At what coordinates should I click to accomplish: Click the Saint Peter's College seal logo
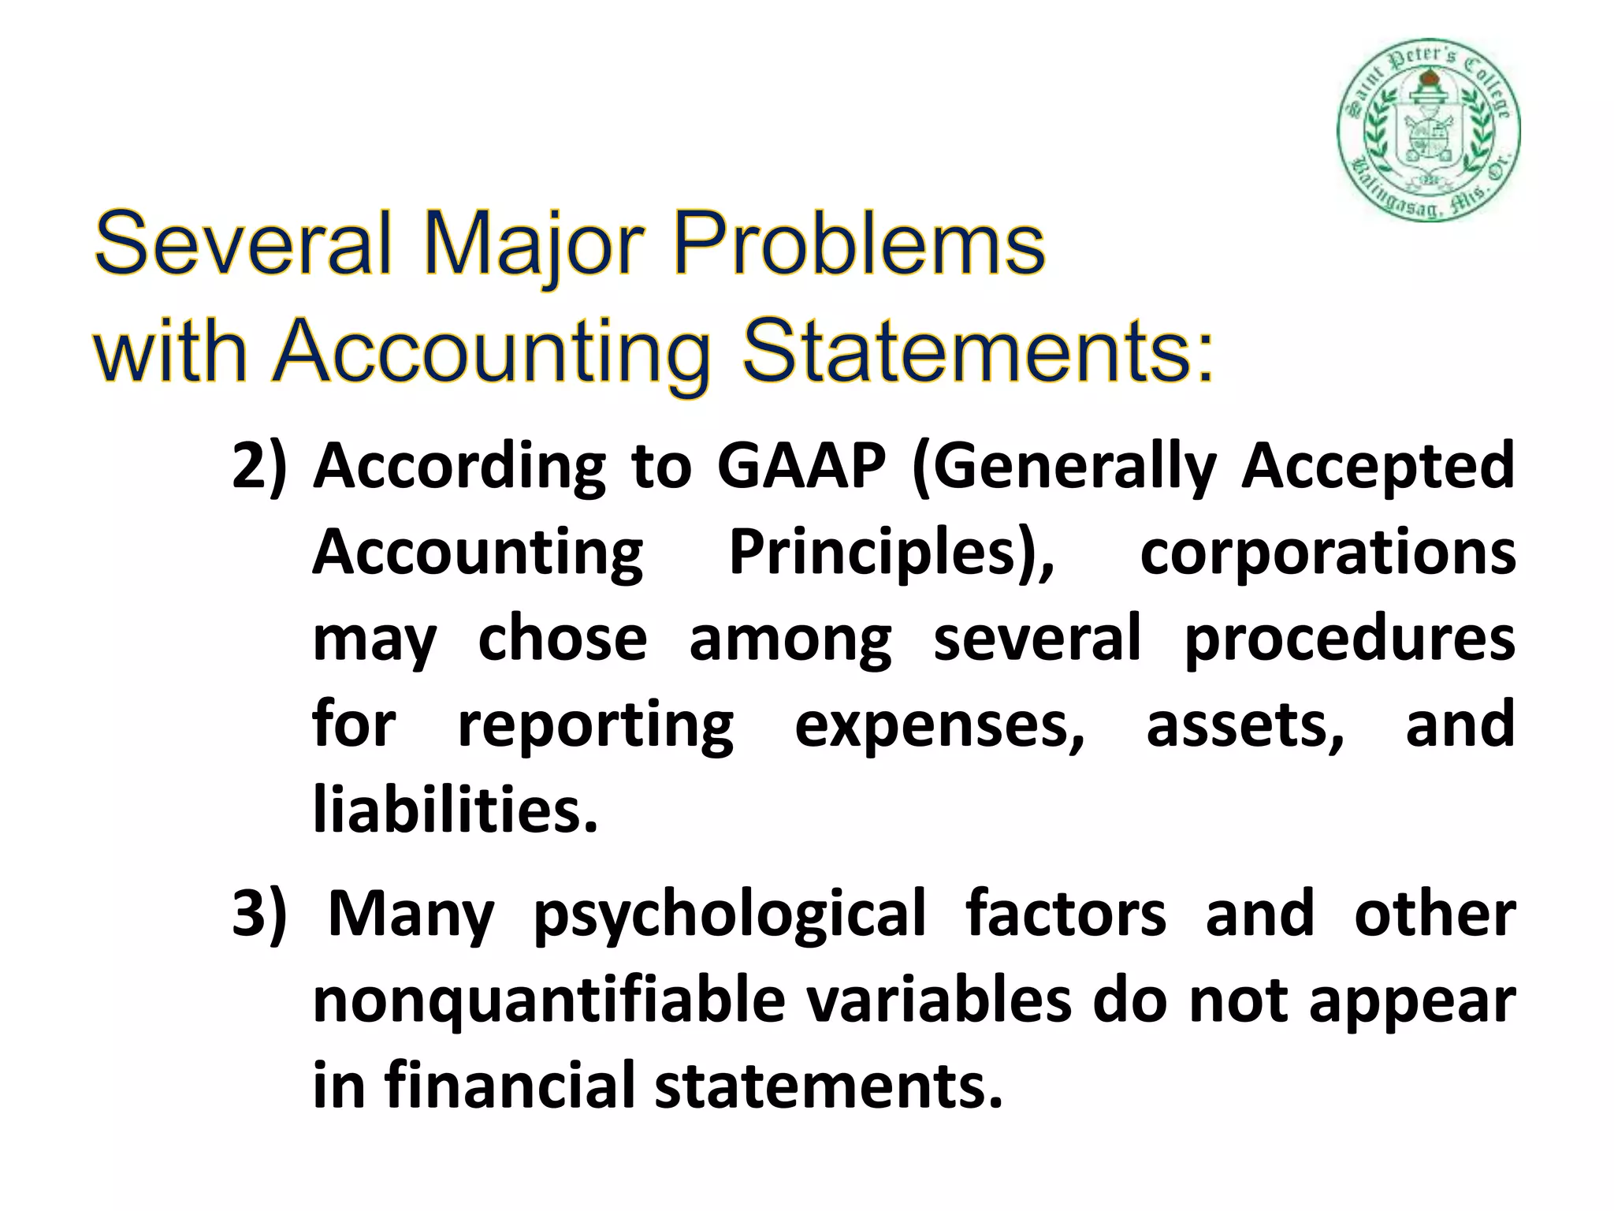(x=1428, y=129)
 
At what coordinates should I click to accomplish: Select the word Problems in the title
(x=858, y=244)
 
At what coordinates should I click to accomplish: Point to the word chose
(x=562, y=638)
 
